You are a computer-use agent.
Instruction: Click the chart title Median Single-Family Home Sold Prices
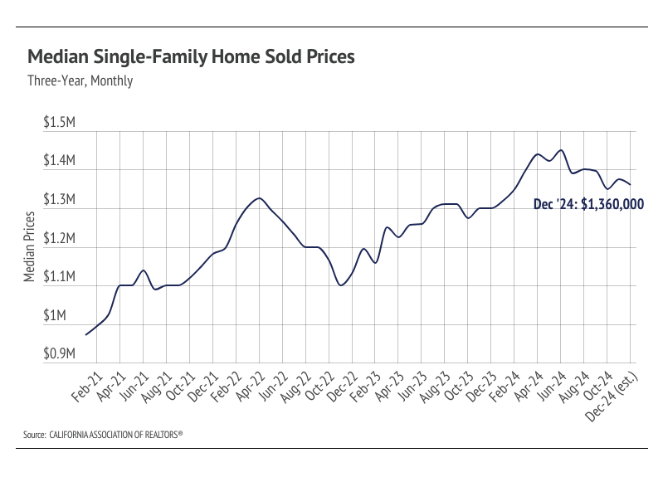click(x=192, y=57)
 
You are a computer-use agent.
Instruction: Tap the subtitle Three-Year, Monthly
click(x=80, y=81)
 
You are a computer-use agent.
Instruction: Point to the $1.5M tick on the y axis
click(x=61, y=123)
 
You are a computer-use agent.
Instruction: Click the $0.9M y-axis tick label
click(x=61, y=354)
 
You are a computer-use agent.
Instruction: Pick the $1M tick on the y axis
click(x=64, y=316)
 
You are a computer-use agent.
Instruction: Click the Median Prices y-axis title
click(x=30, y=247)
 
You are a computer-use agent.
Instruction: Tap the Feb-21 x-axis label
click(x=86, y=387)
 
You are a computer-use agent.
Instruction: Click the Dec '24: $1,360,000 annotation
click(x=588, y=204)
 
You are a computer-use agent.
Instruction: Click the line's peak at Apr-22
click(x=260, y=198)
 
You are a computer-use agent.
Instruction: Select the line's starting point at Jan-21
click(x=86, y=334)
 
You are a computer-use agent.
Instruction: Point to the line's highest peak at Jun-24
click(x=561, y=150)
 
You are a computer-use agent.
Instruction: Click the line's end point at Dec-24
click(x=631, y=184)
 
